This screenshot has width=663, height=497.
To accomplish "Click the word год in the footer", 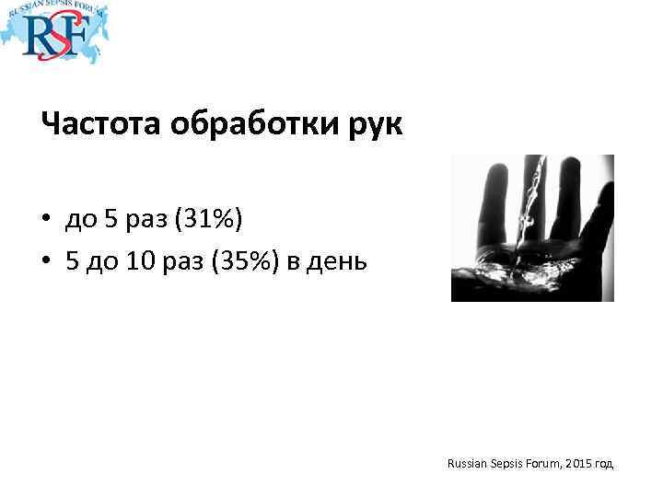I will pyautogui.click(x=604, y=465).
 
